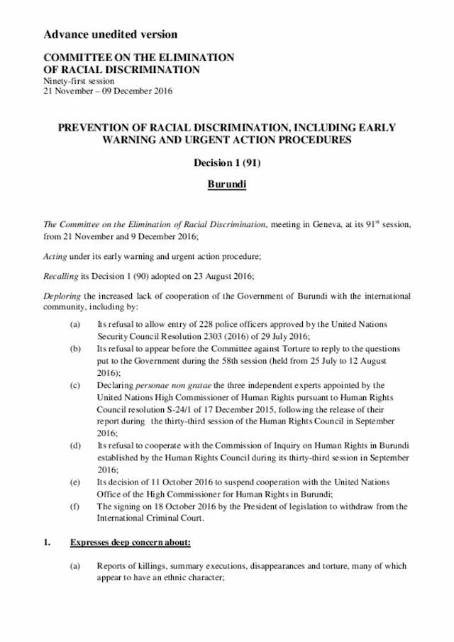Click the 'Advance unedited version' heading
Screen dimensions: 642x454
(110, 34)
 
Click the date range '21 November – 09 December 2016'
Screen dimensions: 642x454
(108, 91)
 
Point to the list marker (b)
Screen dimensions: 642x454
(74, 350)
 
